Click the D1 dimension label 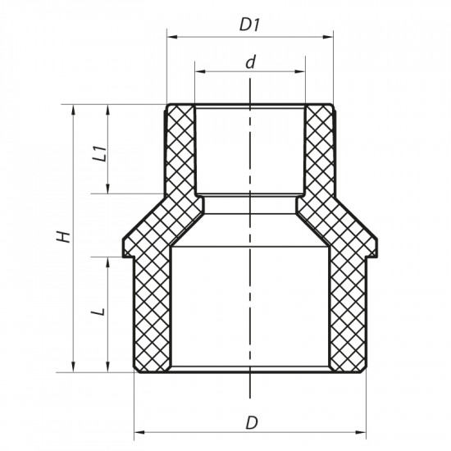(249, 25)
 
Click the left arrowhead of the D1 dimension (171, 36)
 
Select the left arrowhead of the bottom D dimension (138, 431)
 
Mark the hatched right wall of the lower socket (345, 312)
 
